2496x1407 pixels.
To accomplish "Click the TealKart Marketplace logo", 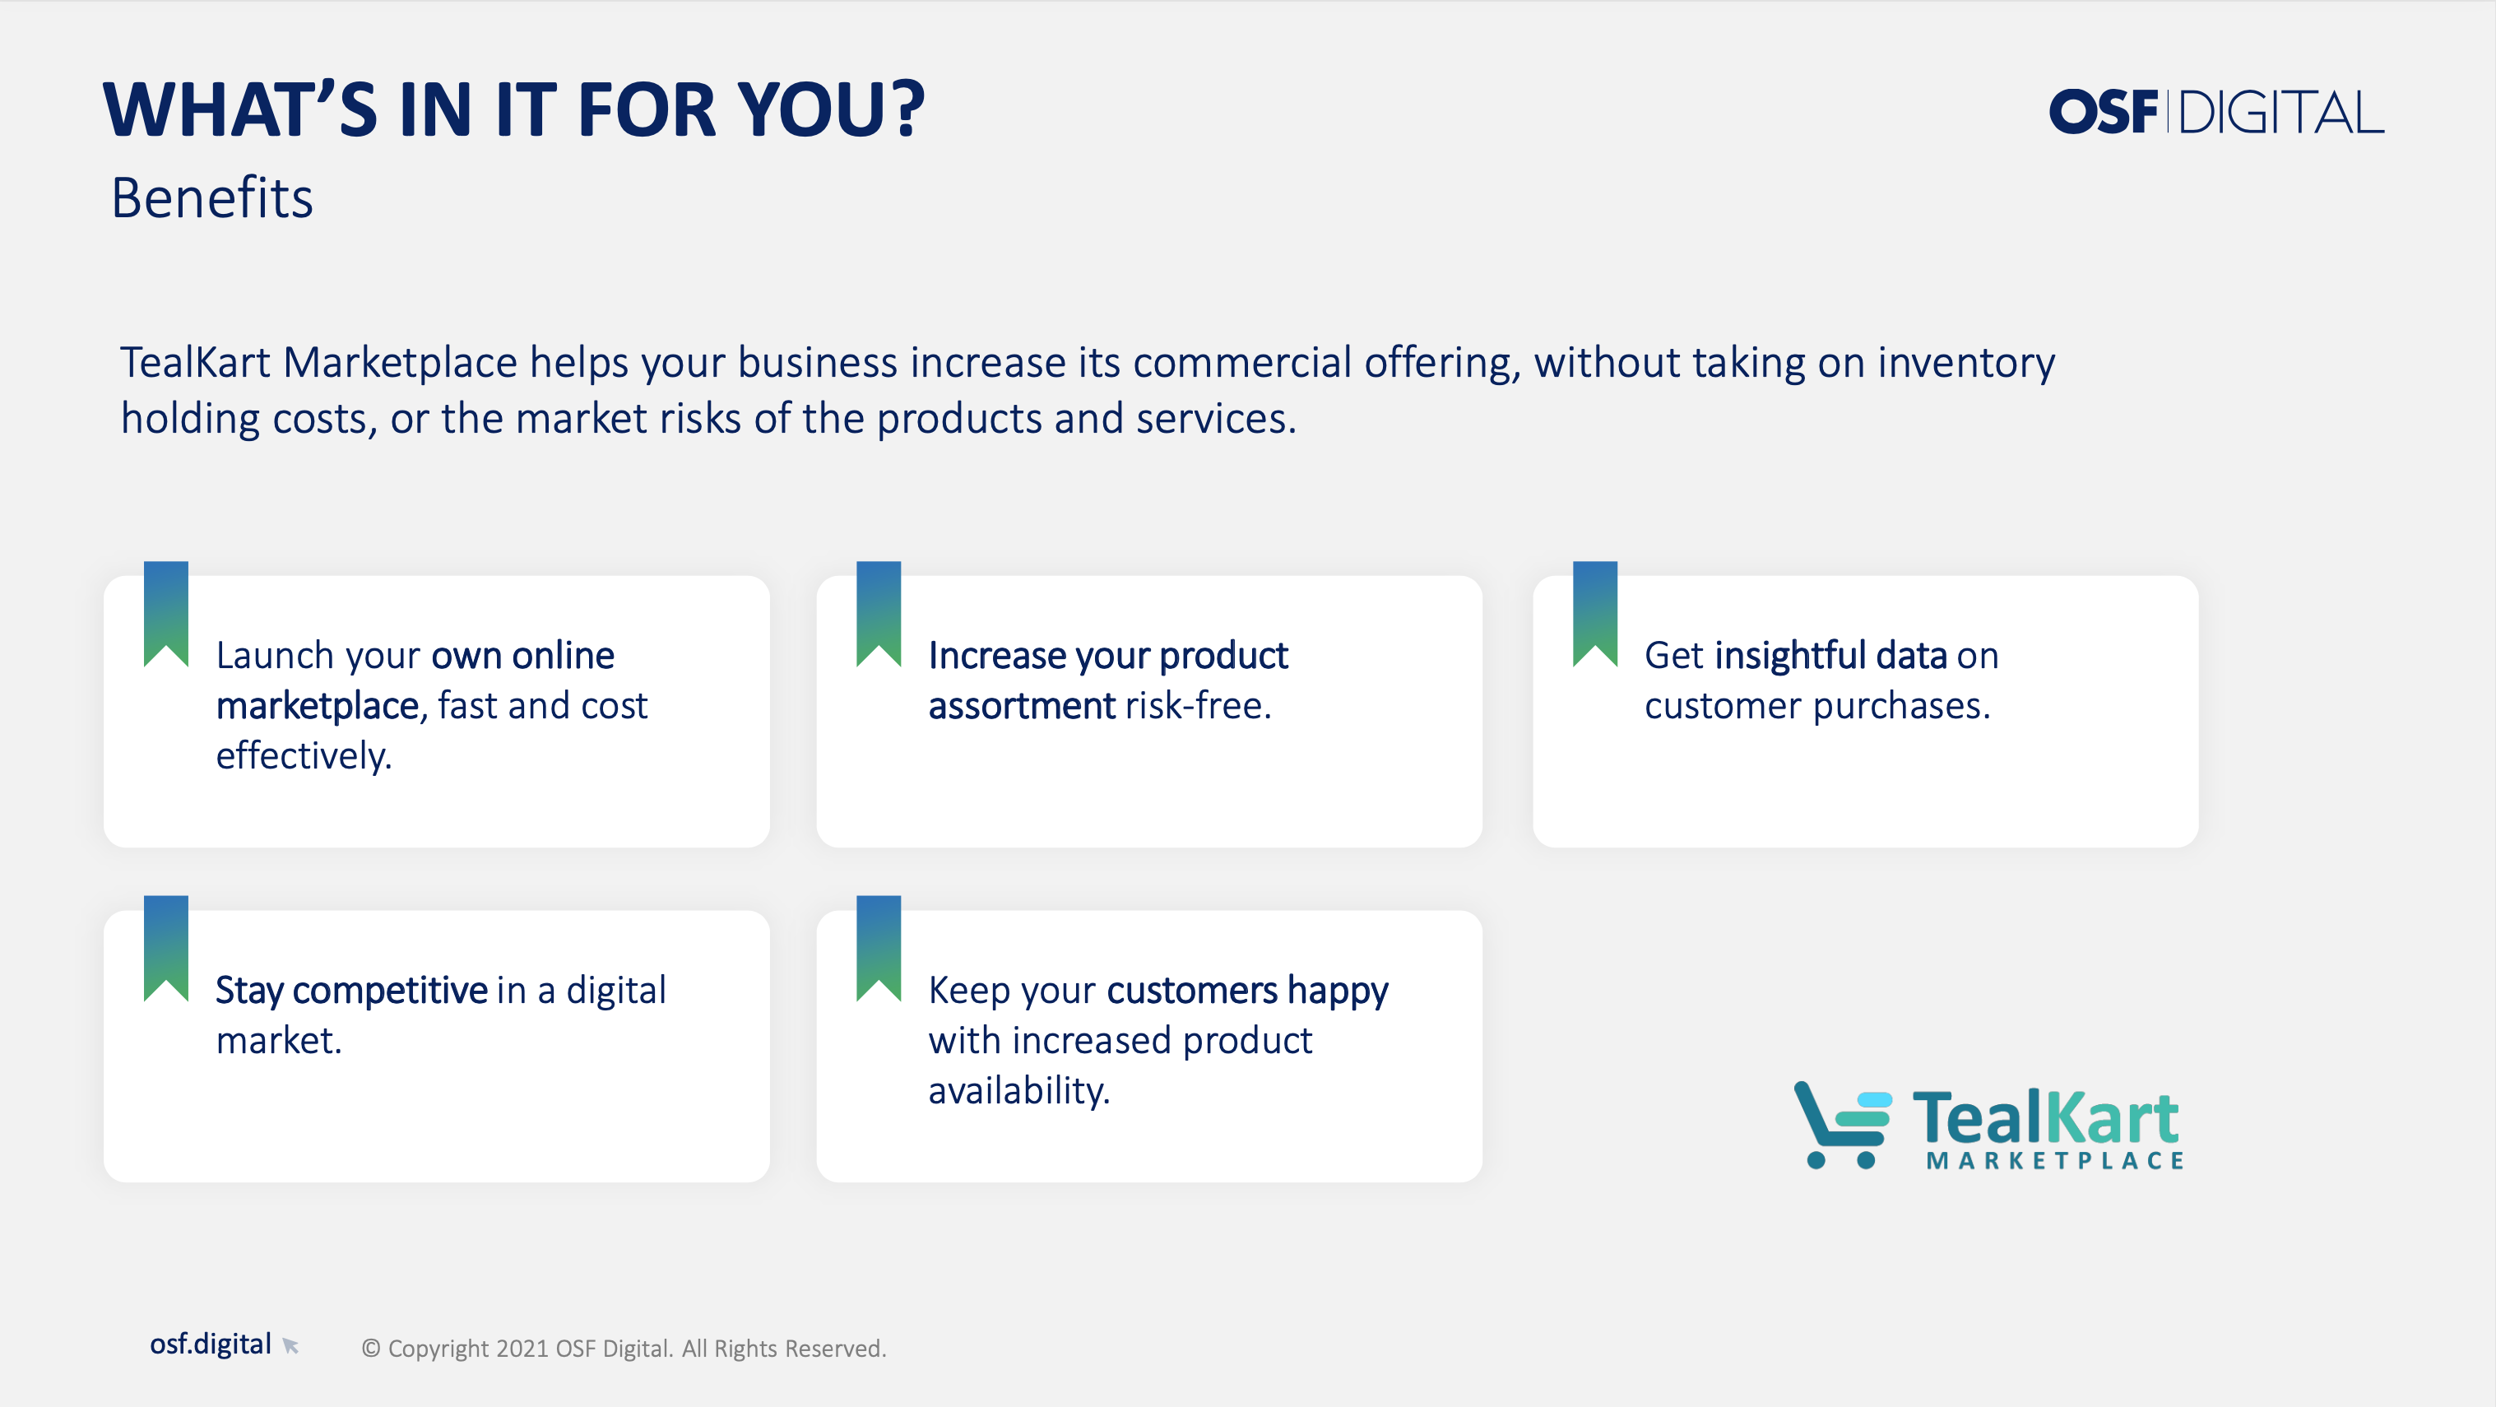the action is tap(1988, 1126).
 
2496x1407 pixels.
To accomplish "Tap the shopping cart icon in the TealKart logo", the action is tap(1842, 1125).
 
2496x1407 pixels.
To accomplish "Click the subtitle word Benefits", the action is tap(212, 197).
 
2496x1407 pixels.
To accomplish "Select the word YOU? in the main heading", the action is tap(833, 109).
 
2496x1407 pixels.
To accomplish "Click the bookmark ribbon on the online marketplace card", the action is tap(165, 612).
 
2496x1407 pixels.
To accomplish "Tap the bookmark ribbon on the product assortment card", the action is tap(879, 612).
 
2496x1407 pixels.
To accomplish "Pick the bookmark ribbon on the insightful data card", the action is tap(1595, 612).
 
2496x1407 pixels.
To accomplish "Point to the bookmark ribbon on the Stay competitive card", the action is tap(165, 948).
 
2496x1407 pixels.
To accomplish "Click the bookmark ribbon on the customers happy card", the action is tap(879, 948).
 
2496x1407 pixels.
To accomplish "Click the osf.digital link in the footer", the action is tap(211, 1344).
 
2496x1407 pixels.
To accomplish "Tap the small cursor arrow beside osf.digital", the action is tap(290, 1345).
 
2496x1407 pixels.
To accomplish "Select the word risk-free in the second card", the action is tap(1198, 705).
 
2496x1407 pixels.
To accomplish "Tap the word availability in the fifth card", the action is tap(1018, 1091).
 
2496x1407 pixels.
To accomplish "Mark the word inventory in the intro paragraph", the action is tap(1966, 364).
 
